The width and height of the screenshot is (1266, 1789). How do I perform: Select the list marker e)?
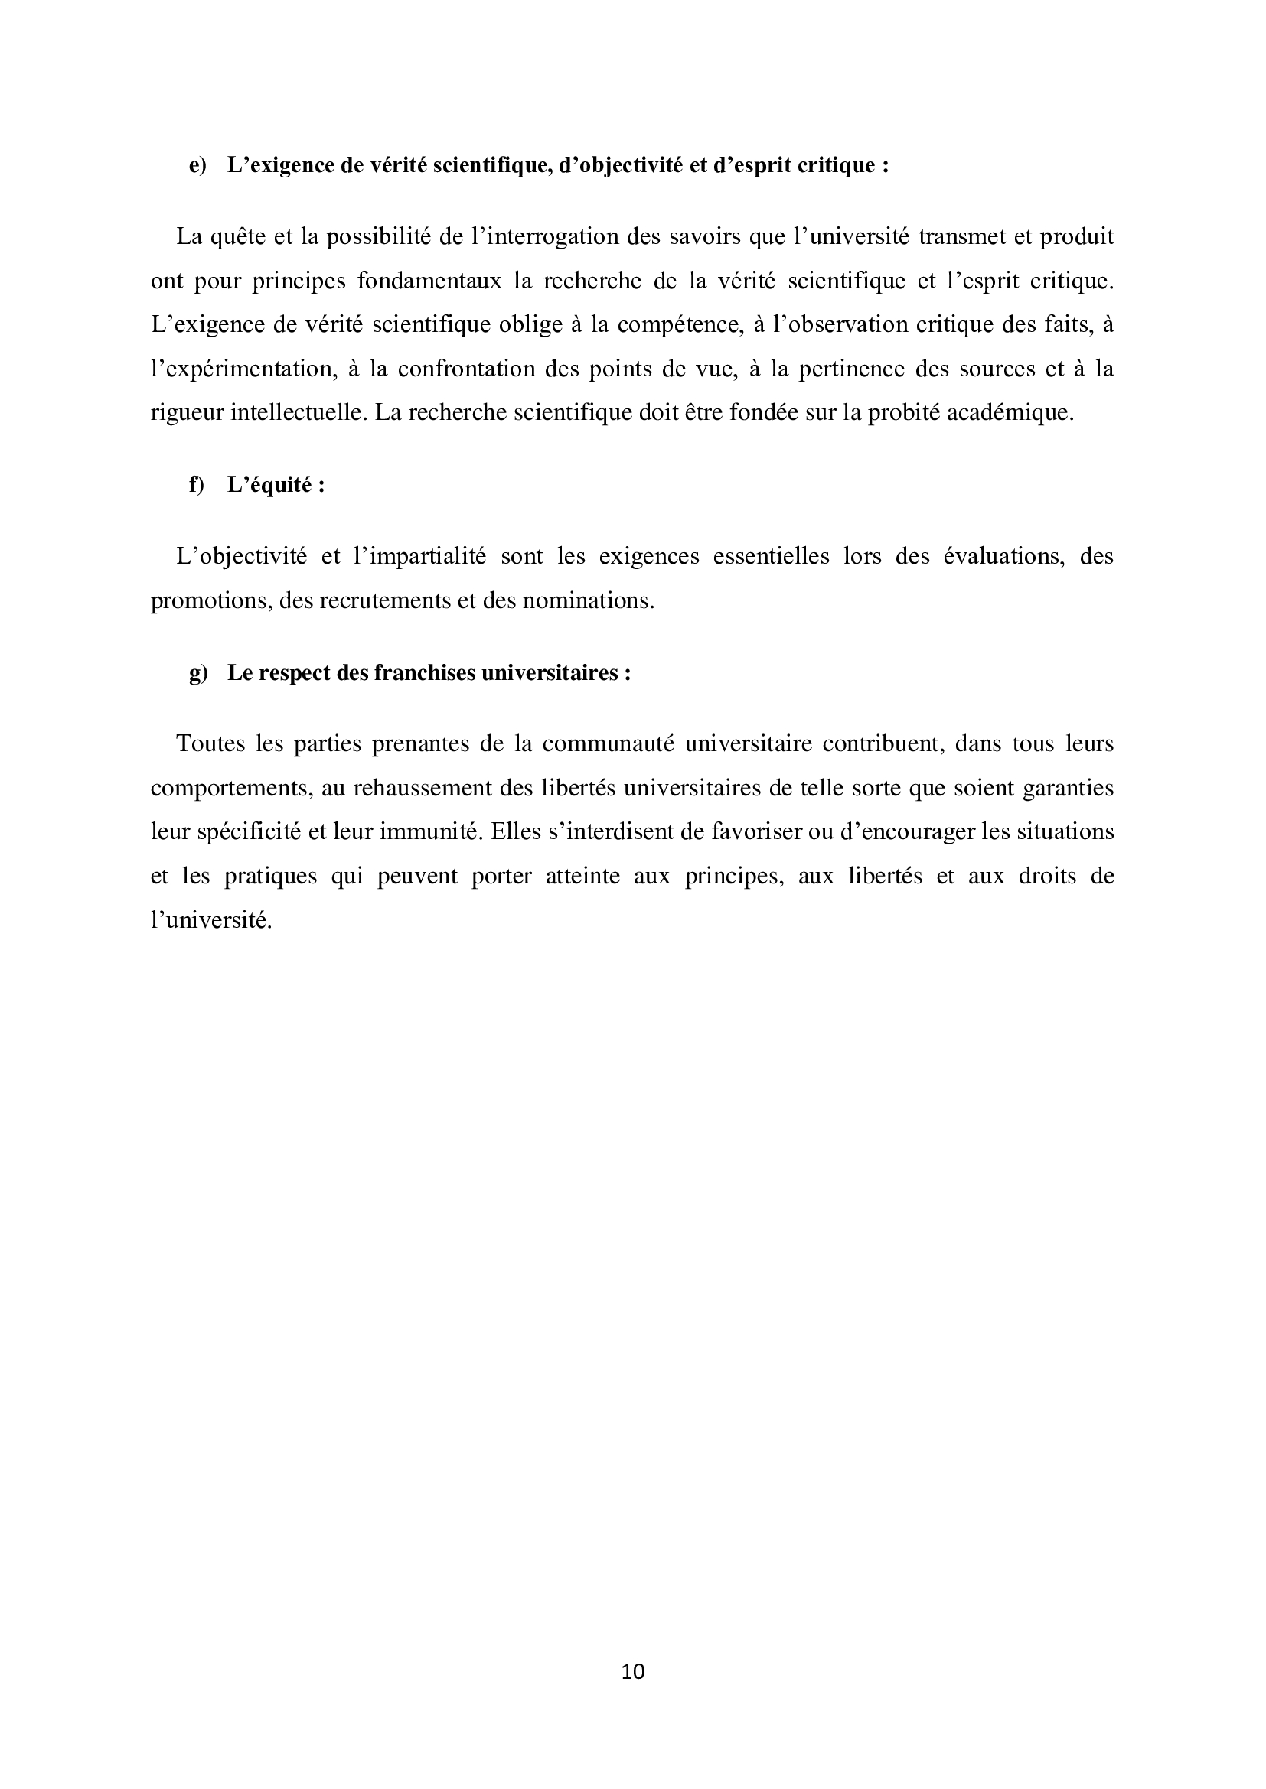click(198, 166)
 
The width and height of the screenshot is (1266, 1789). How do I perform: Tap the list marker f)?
click(197, 485)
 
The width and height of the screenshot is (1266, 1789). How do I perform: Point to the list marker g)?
click(198, 673)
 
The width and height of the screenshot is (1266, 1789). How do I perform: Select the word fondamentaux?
click(429, 281)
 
